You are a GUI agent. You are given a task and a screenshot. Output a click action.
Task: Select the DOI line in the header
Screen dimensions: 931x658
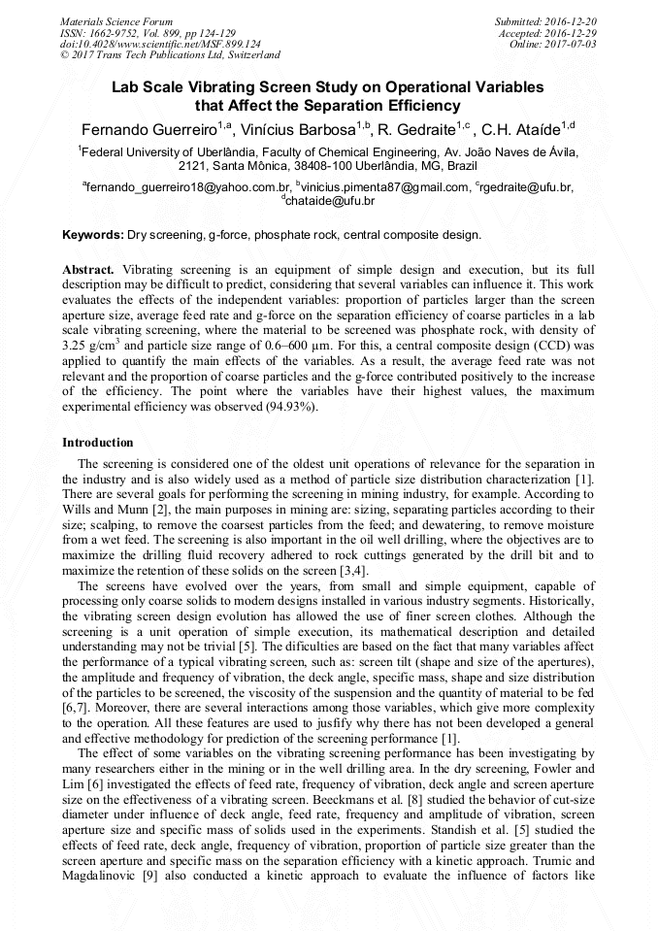pyautogui.click(x=160, y=44)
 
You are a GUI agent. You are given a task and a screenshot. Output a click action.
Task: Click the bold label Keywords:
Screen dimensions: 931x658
pyautogui.click(x=93, y=235)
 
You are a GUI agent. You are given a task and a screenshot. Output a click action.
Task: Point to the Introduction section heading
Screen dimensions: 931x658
pyautogui.click(x=98, y=443)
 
